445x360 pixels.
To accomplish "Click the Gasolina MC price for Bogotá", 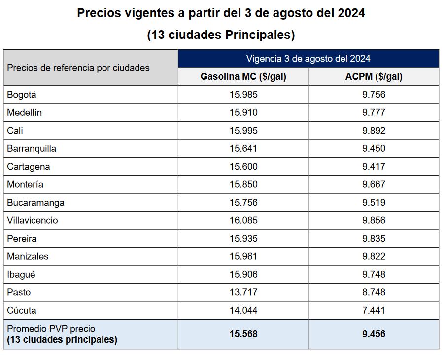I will point(243,95).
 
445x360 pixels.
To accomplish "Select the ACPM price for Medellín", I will point(374,112).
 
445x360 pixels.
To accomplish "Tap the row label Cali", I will point(15,131).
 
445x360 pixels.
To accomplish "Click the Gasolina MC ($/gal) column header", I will point(243,77).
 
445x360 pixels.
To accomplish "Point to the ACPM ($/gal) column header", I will point(374,77).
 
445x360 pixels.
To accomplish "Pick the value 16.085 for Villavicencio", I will point(243,220).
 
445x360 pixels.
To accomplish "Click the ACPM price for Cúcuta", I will point(374,310).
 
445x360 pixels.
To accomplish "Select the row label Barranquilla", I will point(32,148).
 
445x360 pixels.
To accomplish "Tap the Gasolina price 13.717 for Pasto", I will point(243,292).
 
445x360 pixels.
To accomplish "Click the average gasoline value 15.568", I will point(243,334).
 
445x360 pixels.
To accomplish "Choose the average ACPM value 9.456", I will point(374,334).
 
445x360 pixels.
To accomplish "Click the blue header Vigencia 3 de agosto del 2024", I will point(308,59).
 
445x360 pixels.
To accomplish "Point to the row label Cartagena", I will point(29,167).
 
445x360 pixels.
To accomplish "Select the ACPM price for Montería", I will point(374,184).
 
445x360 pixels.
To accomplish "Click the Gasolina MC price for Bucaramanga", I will point(243,203).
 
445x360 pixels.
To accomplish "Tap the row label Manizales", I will point(28,256).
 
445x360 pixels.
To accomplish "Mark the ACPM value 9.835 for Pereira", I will point(374,239).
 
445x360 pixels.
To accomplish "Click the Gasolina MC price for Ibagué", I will point(243,274).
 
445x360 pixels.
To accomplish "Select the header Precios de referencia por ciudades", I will point(78,68).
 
